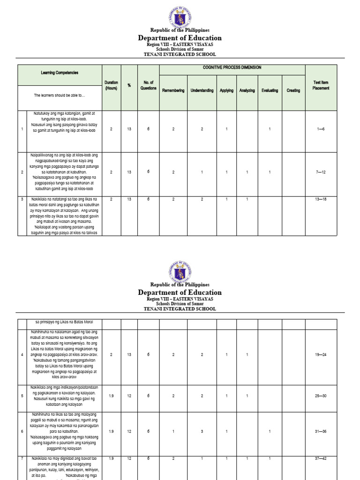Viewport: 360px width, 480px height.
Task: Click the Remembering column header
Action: click(173, 90)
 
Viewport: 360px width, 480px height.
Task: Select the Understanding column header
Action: click(202, 90)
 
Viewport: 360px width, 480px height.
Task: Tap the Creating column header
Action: click(293, 90)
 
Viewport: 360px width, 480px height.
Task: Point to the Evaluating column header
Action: click(270, 90)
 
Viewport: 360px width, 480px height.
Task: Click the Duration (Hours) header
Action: click(111, 85)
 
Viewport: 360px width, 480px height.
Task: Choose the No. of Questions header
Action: click(148, 85)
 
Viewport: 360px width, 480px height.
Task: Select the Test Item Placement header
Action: click(321, 85)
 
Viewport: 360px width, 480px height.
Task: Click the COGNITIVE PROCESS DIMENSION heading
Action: click(232, 67)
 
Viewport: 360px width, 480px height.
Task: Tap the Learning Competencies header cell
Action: click(60, 73)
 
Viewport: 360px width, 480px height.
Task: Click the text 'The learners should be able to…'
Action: click(60, 95)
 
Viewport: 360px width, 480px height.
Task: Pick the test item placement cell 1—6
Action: click(321, 129)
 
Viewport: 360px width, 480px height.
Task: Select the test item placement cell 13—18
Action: click(321, 199)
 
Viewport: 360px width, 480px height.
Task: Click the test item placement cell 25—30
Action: click(321, 396)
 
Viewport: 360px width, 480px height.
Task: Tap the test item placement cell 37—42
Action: click(321, 458)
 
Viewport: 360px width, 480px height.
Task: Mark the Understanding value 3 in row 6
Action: click(202, 431)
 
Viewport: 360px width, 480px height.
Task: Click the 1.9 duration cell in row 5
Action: click(111, 396)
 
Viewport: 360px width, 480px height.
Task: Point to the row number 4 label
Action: click(22, 355)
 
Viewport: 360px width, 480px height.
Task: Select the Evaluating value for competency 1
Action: click(270, 129)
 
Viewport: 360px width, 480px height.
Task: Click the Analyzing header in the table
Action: click(247, 90)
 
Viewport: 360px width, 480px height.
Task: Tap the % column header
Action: click(129, 85)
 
